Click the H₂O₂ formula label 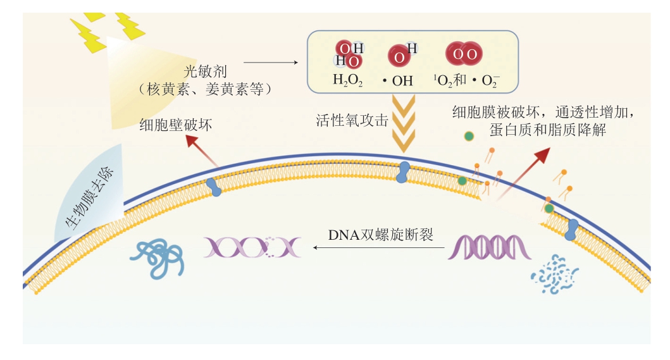click(x=349, y=80)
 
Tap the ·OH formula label click(x=397, y=80)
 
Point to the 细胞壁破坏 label click(x=176, y=125)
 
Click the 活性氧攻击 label click(x=352, y=120)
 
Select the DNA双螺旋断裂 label click(x=380, y=235)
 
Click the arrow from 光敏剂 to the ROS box click(x=270, y=62)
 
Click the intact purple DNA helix click(x=489, y=247)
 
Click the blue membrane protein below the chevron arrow click(x=403, y=172)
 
